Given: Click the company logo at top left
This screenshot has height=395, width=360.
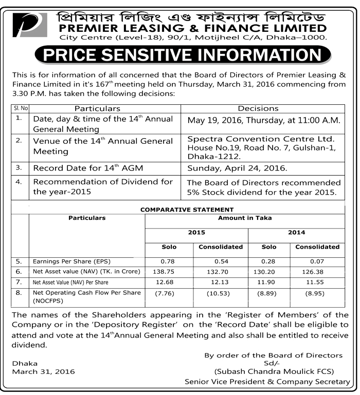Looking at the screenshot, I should click(30, 24).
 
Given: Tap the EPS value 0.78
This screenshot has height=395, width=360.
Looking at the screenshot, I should click(169, 261).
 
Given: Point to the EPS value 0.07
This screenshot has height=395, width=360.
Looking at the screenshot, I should click(317, 261).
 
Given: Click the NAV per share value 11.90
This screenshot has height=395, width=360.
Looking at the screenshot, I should click(268, 282).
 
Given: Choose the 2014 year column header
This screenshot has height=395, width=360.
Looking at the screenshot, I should click(296, 232).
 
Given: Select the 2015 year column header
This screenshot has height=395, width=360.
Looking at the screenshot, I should click(196, 232).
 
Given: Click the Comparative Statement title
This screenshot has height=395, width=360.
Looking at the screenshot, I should click(187, 210).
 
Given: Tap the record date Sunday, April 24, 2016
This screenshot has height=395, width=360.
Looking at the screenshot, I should click(237, 168).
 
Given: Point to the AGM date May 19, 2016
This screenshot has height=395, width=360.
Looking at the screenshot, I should click(264, 120).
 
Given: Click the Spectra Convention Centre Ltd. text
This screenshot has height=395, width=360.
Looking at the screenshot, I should click(261, 139).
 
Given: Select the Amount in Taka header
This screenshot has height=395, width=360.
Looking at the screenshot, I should click(245, 218).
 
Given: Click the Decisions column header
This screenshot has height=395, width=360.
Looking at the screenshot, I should click(258, 108).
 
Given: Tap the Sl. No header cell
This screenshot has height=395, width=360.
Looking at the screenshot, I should click(19, 108).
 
